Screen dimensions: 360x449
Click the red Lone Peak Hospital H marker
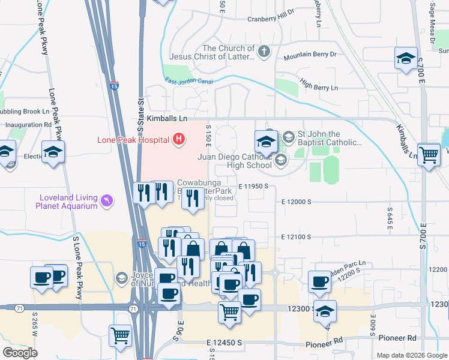(178, 140)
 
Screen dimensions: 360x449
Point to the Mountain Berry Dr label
(311, 55)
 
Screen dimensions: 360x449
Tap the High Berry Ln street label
(318, 88)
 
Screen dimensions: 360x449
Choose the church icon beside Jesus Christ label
(264, 53)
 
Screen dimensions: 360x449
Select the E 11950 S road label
(256, 187)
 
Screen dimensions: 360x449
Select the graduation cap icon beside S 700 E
(406, 58)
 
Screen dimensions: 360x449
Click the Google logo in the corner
(20, 353)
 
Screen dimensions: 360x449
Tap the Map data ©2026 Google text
(412, 355)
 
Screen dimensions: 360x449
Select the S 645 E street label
(390, 214)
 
